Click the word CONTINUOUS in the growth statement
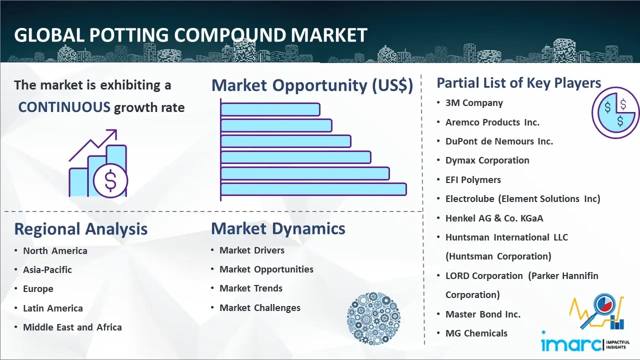point(64,107)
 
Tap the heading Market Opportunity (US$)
point(312,85)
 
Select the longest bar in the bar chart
point(313,189)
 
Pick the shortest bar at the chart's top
point(270,109)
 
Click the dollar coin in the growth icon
point(110,180)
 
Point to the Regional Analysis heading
point(80,229)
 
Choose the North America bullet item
point(55,250)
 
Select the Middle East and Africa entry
point(72,327)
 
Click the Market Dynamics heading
point(278,228)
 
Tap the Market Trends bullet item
point(251,288)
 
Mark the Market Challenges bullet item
point(260,308)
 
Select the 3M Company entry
point(474,103)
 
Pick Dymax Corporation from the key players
point(487,160)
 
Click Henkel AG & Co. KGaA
point(494,218)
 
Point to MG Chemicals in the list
point(476,333)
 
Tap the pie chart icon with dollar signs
point(615,112)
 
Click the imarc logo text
point(571,344)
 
